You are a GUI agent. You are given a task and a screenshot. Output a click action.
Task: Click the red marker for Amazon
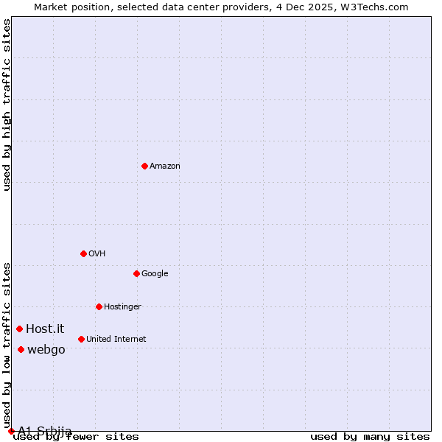(x=144, y=166)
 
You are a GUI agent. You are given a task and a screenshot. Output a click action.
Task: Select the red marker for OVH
(x=83, y=253)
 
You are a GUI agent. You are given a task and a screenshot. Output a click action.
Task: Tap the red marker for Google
(x=136, y=273)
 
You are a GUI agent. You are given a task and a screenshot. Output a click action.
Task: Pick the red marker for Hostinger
(x=99, y=306)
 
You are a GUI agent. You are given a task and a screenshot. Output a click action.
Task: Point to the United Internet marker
(x=81, y=339)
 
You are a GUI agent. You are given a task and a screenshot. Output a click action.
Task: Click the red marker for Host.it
(x=20, y=329)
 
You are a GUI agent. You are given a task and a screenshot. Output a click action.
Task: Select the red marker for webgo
(x=21, y=349)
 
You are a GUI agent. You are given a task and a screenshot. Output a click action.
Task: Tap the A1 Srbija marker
(x=11, y=431)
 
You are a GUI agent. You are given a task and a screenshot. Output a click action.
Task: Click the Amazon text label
(x=165, y=166)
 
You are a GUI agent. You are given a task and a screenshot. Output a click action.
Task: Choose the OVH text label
(x=97, y=253)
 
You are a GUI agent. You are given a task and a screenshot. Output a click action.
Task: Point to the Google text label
(x=155, y=273)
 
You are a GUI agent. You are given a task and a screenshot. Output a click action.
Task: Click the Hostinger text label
(x=122, y=306)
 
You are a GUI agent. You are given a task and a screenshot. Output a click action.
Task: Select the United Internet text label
(x=116, y=339)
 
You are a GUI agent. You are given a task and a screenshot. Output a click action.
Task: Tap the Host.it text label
(x=45, y=329)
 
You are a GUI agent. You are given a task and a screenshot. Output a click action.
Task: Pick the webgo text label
(x=46, y=349)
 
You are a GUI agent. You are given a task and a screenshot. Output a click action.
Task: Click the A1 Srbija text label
(x=45, y=431)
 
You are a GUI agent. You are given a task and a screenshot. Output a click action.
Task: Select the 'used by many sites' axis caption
(x=370, y=436)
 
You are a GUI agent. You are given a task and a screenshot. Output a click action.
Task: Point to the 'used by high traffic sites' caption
(x=7, y=105)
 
